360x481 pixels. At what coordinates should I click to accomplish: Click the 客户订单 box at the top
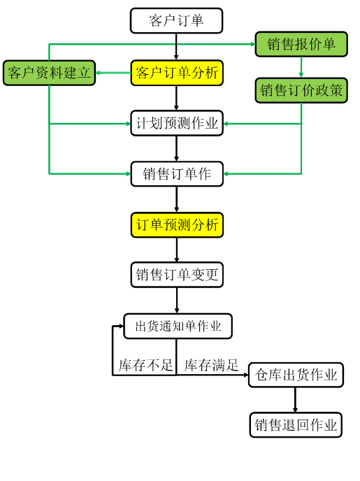pyautogui.click(x=176, y=20)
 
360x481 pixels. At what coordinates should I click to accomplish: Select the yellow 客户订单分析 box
pyautogui.click(x=177, y=73)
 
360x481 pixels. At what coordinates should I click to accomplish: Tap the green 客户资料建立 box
pyautogui.click(x=49, y=73)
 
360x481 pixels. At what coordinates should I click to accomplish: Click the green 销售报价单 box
pyautogui.click(x=301, y=44)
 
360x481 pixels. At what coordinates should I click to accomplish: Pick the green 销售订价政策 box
pyautogui.click(x=301, y=90)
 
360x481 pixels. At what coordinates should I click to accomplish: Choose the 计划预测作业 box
pyautogui.click(x=177, y=123)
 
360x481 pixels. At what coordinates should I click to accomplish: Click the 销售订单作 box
pyautogui.click(x=177, y=174)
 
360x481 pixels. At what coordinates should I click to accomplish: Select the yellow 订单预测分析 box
pyautogui.click(x=177, y=225)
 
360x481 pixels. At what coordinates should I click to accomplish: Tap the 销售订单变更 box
pyautogui.click(x=177, y=275)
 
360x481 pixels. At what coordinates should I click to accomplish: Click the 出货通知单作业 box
pyautogui.click(x=178, y=326)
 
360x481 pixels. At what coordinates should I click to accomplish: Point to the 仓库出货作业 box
pyautogui.click(x=296, y=375)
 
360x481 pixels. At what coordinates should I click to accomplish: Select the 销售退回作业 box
pyautogui.click(x=296, y=425)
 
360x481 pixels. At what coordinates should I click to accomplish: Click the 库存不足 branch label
pyautogui.click(x=145, y=365)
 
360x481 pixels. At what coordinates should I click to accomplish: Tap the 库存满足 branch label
pyautogui.click(x=211, y=365)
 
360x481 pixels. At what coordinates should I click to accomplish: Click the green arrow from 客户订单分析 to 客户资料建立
pyautogui.click(x=113, y=73)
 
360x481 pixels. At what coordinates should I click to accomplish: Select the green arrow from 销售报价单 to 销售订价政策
pyautogui.click(x=301, y=67)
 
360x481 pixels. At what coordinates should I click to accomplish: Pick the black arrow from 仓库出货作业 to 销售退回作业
pyautogui.click(x=295, y=400)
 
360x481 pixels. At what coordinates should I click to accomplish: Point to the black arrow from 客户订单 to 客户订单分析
pyautogui.click(x=176, y=47)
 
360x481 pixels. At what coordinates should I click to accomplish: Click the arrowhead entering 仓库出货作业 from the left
pyautogui.click(x=246, y=375)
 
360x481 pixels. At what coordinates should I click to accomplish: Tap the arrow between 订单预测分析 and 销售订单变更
pyautogui.click(x=177, y=250)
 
